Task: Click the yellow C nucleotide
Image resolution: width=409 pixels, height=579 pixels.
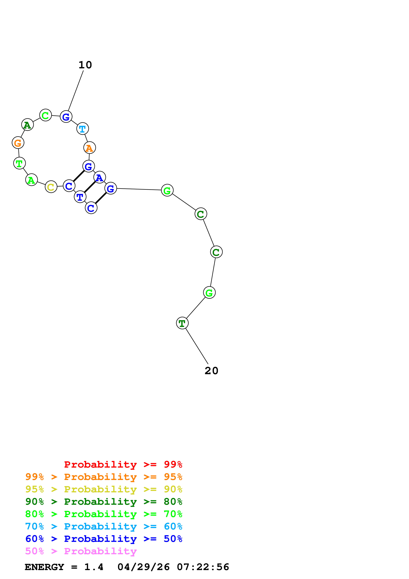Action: [51, 187]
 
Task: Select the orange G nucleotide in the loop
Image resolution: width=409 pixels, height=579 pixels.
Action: [18, 143]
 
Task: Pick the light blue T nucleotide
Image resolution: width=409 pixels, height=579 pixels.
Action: [82, 129]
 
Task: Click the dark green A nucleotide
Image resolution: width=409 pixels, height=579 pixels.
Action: [27, 125]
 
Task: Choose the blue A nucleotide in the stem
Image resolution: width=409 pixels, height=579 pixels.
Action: [99, 177]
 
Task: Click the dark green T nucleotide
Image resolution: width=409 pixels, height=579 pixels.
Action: [182, 323]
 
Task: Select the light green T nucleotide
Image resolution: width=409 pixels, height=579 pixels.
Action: [19, 163]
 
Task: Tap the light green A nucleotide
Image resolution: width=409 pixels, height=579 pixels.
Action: [32, 180]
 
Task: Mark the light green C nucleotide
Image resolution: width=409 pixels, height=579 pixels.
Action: [45, 115]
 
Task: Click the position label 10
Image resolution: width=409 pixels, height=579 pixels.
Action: [85, 65]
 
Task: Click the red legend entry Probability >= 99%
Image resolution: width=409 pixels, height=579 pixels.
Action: [123, 464]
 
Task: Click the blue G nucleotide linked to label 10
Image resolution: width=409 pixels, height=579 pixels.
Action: [66, 117]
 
